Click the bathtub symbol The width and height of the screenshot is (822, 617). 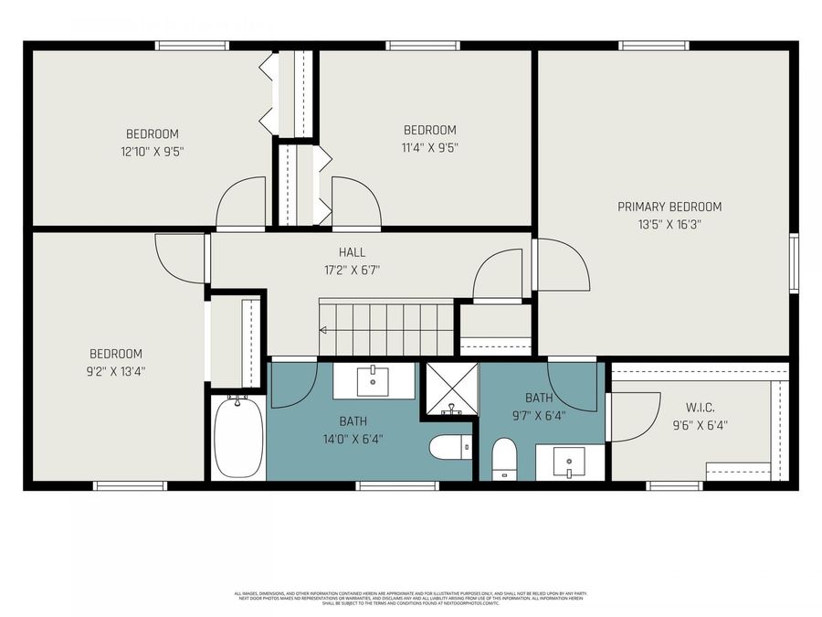click(x=238, y=436)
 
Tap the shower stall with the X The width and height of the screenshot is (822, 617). click(x=449, y=389)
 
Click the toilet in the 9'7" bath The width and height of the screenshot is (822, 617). click(x=504, y=457)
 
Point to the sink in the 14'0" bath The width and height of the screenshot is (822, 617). click(x=373, y=380)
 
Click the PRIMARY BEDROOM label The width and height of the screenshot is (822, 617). click(x=669, y=207)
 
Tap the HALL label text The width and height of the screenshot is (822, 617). click(x=352, y=252)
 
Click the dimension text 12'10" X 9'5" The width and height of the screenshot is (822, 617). click(x=153, y=151)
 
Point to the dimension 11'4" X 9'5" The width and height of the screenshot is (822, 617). click(x=429, y=147)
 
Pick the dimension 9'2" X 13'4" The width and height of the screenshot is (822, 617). click(x=116, y=371)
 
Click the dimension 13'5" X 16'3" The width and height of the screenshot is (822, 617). click(x=669, y=223)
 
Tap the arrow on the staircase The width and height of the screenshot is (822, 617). click(x=323, y=330)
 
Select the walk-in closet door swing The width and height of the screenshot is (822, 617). click(x=634, y=417)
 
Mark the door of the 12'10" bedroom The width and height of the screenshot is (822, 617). click(x=241, y=203)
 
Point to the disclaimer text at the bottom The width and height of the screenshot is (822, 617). click(x=410, y=598)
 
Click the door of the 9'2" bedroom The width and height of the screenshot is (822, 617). click(x=181, y=258)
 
